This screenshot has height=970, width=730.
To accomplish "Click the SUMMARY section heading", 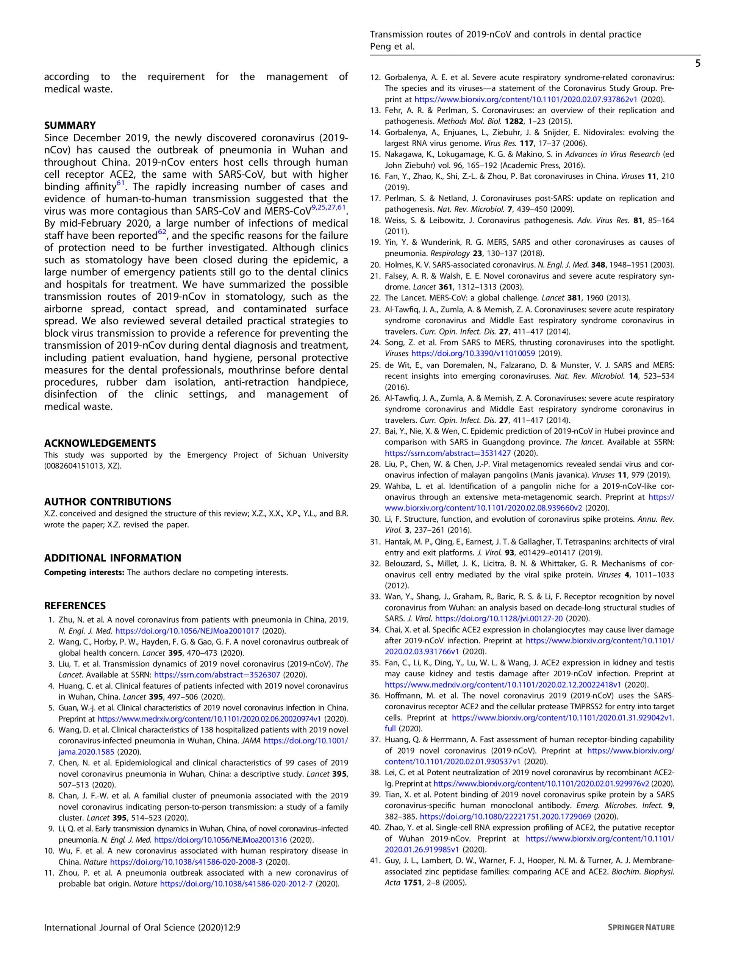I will pos(70,125).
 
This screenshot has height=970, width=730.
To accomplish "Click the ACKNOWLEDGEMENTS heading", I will pos(100,443).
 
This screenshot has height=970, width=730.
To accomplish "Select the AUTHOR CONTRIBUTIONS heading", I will pos(108,502).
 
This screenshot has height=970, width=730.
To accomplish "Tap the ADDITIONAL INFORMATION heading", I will pos(112,558).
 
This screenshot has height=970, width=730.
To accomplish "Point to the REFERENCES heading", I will pos(75,605).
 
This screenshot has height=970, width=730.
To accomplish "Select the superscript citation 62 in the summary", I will pos(162,232).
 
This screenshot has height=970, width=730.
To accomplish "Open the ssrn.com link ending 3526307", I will pos(218,675).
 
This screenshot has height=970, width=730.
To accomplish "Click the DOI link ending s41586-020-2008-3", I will pos(186,862).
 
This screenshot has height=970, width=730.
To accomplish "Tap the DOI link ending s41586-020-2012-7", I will pos(236,884).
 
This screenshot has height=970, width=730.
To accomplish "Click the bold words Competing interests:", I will pos(84,573).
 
